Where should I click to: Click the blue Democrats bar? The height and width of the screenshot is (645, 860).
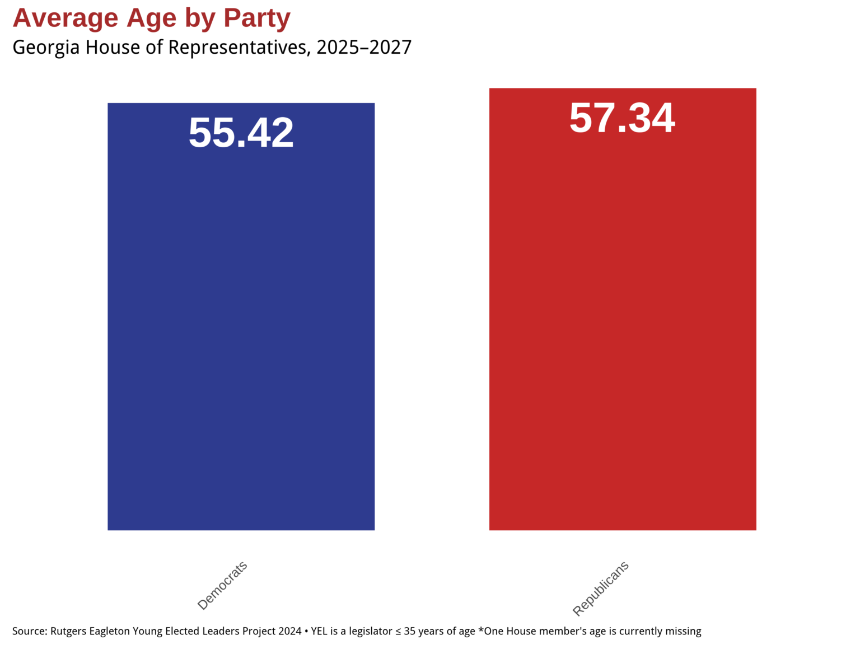click(241, 336)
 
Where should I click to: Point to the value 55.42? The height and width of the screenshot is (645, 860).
click(241, 133)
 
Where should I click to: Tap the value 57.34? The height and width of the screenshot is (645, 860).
click(622, 118)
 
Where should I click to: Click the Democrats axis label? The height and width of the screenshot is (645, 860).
click(223, 585)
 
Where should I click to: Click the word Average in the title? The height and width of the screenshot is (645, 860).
click(66, 18)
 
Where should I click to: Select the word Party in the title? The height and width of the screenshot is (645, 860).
click(257, 18)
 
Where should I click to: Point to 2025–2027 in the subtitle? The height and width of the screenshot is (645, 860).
click(364, 48)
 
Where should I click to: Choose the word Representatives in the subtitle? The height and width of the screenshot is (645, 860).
click(237, 48)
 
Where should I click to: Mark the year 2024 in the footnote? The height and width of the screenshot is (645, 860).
click(289, 631)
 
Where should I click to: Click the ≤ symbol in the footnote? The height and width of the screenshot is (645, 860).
click(398, 632)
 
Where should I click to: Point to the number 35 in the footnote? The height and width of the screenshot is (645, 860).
click(410, 631)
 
